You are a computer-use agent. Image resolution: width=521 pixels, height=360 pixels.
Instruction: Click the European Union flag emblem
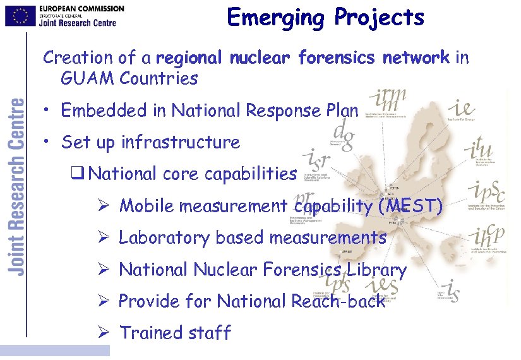[20, 15]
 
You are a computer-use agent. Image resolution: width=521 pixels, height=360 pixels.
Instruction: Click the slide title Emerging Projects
[325, 17]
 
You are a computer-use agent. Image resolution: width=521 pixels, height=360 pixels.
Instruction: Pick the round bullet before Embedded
[48, 111]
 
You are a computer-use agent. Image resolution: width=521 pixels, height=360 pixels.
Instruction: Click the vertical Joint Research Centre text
[17, 186]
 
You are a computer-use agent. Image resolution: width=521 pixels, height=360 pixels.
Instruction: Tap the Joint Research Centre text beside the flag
[78, 22]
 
